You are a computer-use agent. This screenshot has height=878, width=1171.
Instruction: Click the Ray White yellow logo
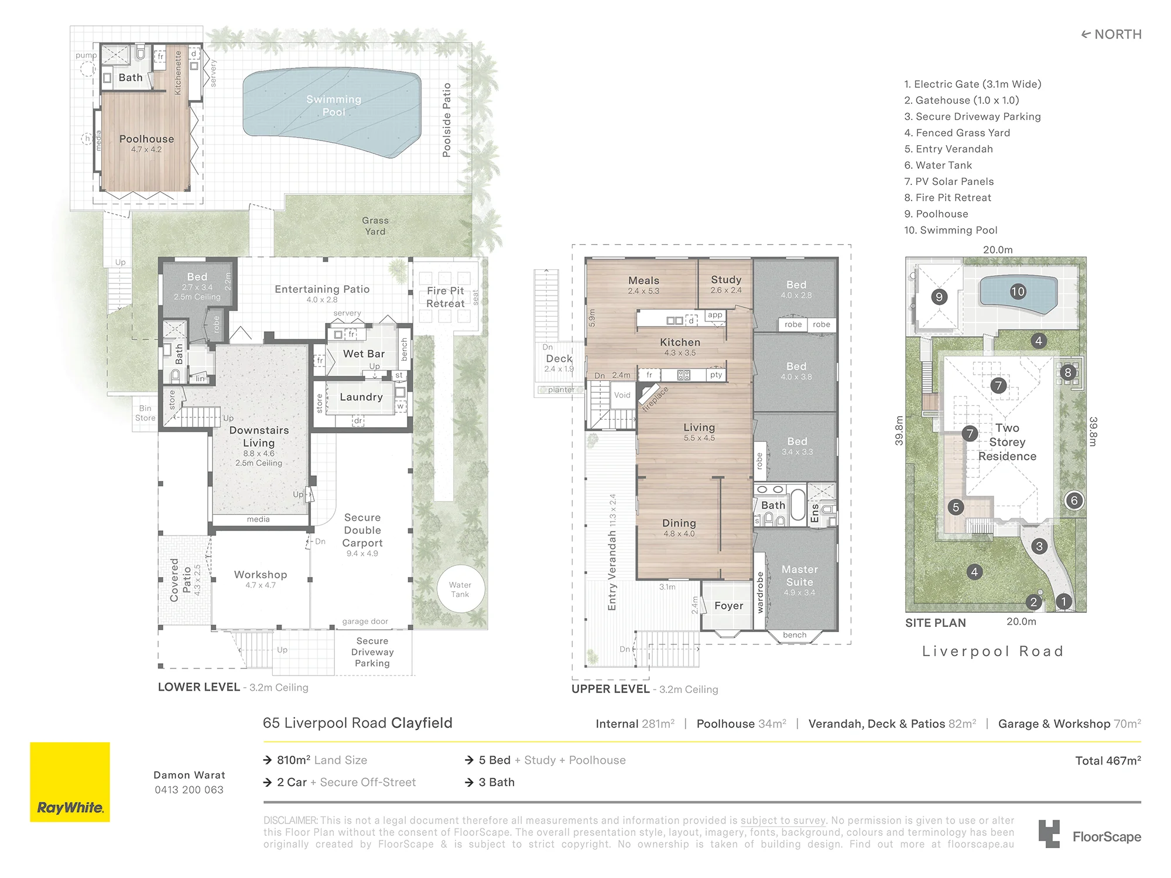click(70, 782)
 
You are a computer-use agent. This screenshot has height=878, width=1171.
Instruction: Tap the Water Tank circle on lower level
click(461, 589)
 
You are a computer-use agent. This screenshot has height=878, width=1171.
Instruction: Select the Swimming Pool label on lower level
click(334, 105)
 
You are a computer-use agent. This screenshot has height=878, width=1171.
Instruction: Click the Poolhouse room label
click(147, 139)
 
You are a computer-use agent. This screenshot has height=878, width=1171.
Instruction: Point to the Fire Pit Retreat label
click(446, 297)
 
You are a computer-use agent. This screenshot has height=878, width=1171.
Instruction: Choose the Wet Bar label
click(364, 354)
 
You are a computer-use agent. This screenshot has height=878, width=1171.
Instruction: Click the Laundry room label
click(361, 397)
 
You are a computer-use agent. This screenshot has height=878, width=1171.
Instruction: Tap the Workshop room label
click(261, 575)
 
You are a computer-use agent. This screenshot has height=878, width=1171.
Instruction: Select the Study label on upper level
click(726, 280)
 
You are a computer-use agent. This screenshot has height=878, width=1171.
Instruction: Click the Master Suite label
click(800, 575)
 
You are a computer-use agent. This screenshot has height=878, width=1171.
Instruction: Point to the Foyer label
click(729, 606)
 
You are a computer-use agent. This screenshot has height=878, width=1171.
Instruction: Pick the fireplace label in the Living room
click(655, 399)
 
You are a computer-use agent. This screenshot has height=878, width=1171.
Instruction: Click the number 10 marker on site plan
click(1018, 291)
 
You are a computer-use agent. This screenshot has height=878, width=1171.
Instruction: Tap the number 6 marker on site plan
click(1074, 500)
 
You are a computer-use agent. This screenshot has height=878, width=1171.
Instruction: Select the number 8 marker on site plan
click(1068, 372)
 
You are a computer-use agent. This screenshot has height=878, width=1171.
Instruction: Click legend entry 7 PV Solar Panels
click(949, 181)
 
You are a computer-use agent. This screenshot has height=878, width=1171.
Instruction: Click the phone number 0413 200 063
click(189, 790)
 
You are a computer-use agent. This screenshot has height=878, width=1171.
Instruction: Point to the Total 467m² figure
click(1108, 760)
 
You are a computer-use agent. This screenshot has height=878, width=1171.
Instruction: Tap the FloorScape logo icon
click(1049, 834)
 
